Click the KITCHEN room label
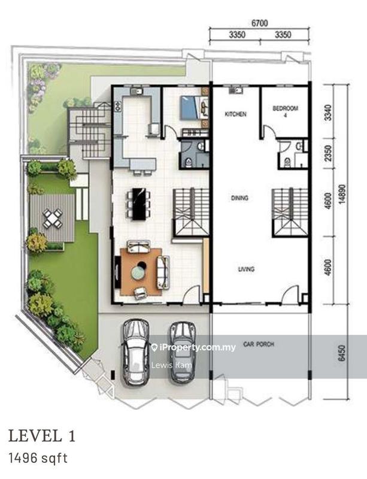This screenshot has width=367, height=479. point(236,114)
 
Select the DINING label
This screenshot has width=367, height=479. point(241,197)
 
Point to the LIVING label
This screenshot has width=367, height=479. point(246,269)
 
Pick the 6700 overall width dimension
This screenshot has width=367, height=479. point(259,23)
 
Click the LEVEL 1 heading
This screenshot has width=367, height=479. point(41,435)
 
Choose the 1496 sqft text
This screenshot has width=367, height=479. point(37,459)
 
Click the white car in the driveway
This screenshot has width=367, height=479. point(136,353)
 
